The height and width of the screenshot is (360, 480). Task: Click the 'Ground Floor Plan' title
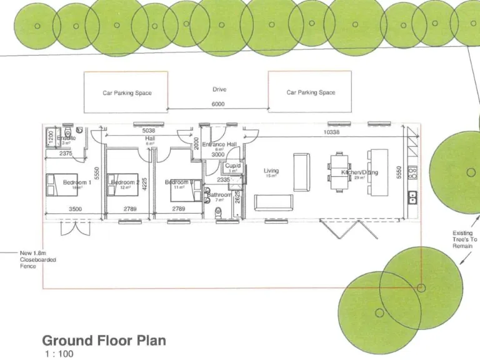point(104,341)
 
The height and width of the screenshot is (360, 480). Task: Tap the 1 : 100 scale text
point(59,354)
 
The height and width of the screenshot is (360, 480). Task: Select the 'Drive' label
point(219,90)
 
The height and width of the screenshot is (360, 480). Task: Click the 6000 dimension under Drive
point(218,104)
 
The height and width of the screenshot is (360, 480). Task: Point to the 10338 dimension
point(332,132)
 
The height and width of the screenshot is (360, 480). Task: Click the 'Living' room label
point(271,171)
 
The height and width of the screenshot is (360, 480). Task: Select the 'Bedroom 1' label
point(77,182)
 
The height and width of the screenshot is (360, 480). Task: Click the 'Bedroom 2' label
point(125,182)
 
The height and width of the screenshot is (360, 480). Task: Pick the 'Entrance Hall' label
point(219,144)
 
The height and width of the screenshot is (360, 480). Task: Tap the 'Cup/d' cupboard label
point(232,166)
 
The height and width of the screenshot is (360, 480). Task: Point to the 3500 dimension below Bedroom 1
point(76,209)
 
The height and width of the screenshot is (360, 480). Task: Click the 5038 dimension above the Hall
point(149,131)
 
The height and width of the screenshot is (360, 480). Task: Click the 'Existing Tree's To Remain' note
point(464,239)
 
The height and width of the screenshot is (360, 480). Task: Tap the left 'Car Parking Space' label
point(127,93)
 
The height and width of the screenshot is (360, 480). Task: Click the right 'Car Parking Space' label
point(311,92)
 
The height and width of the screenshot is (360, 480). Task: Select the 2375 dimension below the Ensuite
point(66,153)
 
